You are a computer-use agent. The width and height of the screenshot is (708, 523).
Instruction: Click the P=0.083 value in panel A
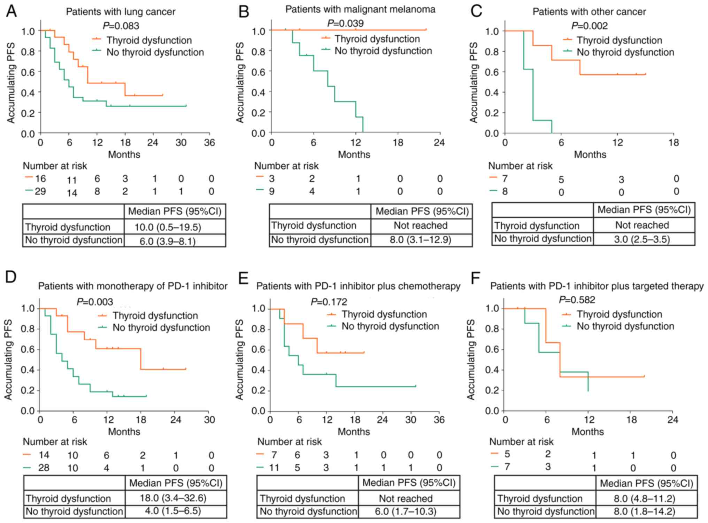pyautogui.click(x=121, y=26)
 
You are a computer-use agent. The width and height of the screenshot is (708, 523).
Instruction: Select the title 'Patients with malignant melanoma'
pyautogui.click(x=360, y=9)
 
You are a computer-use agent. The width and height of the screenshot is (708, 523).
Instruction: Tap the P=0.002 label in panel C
pyautogui.click(x=589, y=26)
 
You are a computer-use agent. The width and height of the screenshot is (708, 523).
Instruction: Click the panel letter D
pyautogui.click(x=11, y=277)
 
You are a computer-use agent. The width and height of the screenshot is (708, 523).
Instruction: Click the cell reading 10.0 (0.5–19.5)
pyautogui.click(x=168, y=228)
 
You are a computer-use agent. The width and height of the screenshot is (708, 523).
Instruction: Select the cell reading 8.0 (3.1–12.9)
pyautogui.click(x=421, y=240)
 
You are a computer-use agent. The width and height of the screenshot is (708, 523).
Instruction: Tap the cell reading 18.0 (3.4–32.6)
pyautogui.click(x=173, y=498)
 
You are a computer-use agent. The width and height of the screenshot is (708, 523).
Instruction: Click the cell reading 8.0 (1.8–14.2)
pyautogui.click(x=644, y=511)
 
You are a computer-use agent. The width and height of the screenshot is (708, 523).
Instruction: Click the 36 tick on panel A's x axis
pyautogui.click(x=209, y=143)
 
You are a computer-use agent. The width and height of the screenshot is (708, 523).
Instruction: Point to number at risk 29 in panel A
pyautogui.click(x=40, y=191)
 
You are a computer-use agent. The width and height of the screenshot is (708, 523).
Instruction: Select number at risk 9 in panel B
pyautogui.click(x=271, y=191)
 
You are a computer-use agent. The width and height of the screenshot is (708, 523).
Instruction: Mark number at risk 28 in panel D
pyautogui.click(x=44, y=468)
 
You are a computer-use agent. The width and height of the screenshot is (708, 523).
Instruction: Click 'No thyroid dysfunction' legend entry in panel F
pyautogui.click(x=625, y=326)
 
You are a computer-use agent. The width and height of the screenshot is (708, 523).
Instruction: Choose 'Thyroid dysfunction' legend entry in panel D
pyautogui.click(x=155, y=316)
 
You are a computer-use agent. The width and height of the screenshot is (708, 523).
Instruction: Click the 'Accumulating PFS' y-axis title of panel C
pyautogui.click(x=474, y=82)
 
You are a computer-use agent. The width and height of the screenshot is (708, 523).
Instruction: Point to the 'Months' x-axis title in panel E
pyautogui.click(x=354, y=432)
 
